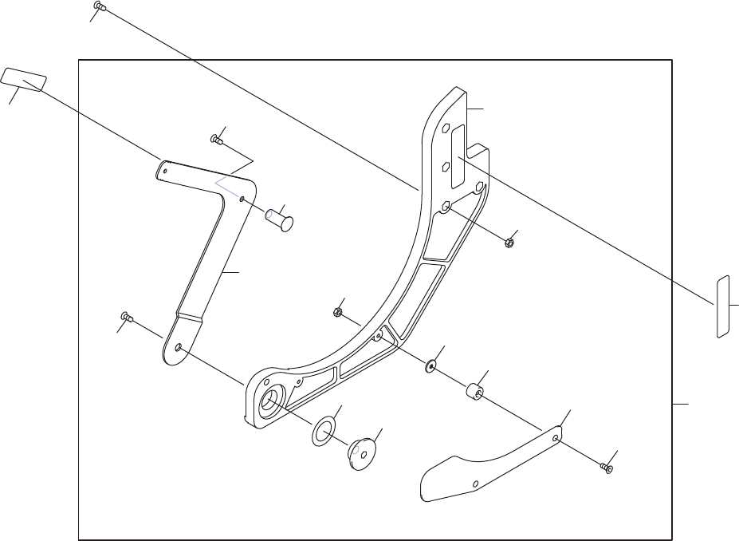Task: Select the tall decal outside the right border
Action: pyautogui.click(x=724, y=306)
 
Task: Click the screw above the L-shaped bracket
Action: pyautogui.click(x=215, y=140)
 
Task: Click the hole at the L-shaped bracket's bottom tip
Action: pyautogui.click(x=180, y=347)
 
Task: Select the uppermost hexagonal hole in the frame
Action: pyautogui.click(x=446, y=128)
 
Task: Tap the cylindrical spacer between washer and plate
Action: pyautogui.click(x=476, y=393)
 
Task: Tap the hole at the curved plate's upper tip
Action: pyautogui.click(x=556, y=436)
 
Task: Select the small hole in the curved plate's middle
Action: pyautogui.click(x=475, y=483)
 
